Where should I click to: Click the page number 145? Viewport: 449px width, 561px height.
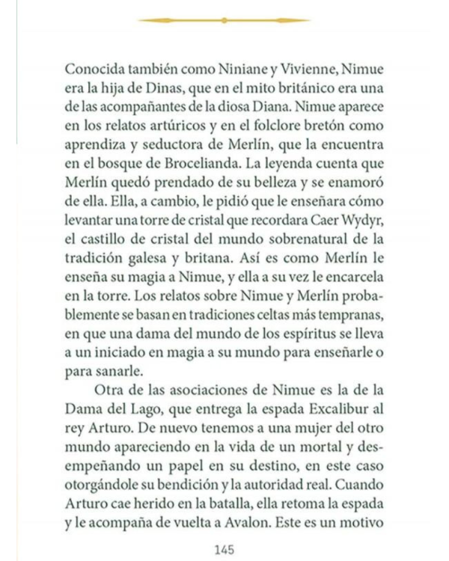pyautogui.click(x=224, y=549)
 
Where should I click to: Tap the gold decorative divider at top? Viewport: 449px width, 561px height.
pyautogui.click(x=224, y=21)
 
